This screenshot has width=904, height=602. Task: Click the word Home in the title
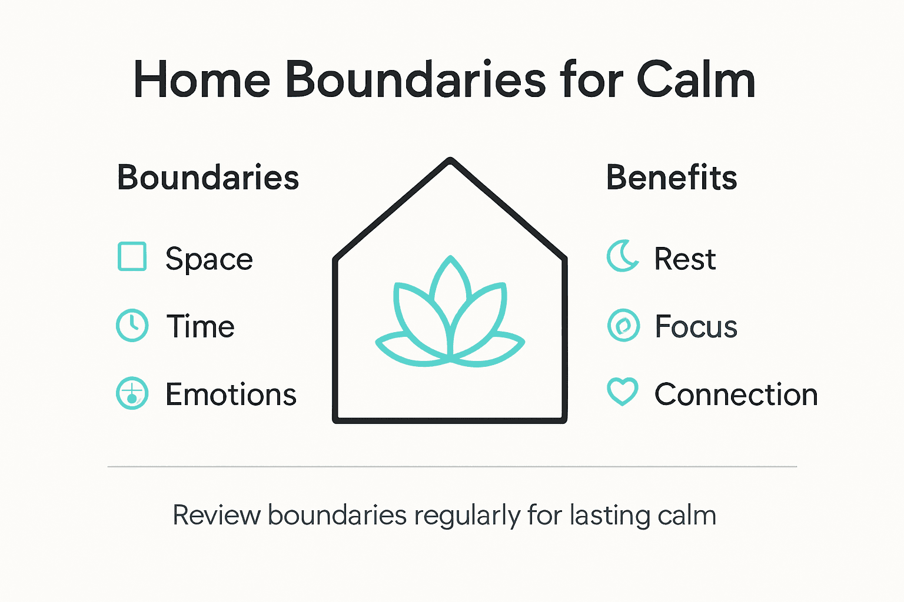(201, 80)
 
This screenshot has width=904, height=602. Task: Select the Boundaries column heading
(208, 178)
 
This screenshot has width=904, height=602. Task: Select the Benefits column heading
(672, 178)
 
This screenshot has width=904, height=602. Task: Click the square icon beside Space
(132, 257)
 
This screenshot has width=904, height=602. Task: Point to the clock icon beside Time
(132, 325)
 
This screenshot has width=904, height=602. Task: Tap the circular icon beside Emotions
(132, 393)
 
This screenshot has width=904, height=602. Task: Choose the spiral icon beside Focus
(623, 325)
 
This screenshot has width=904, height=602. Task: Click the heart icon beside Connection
(623, 392)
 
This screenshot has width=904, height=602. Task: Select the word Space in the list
(209, 259)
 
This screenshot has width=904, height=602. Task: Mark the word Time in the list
(200, 327)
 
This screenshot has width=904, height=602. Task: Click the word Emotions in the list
(231, 394)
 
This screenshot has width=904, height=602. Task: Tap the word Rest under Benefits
(685, 259)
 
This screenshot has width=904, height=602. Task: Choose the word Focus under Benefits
(696, 327)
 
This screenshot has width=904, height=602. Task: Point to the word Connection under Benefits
(736, 394)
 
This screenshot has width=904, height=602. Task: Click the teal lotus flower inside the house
(450, 317)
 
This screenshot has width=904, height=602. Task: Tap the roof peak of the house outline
(450, 161)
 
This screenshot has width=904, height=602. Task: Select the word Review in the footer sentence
(216, 516)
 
